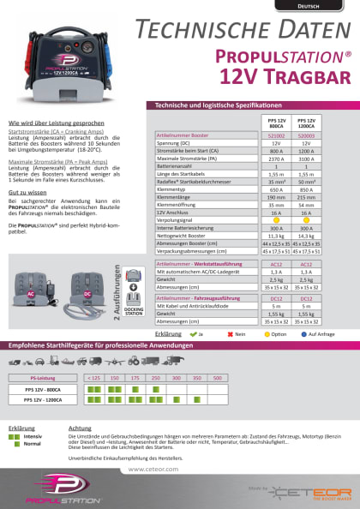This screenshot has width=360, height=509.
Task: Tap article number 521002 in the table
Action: (x=273, y=135)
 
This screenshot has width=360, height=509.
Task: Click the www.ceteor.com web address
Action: (x=153, y=470)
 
